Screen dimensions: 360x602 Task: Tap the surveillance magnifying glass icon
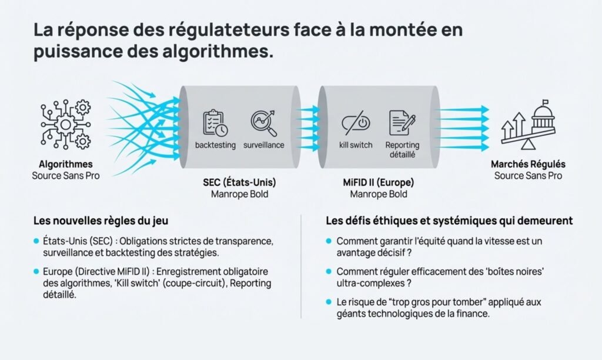[263, 122]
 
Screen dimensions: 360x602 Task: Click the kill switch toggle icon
[356, 123]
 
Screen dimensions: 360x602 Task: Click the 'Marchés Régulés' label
[527, 164]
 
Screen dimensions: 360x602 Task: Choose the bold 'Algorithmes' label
[65, 164]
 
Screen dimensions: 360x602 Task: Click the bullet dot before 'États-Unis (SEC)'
[37, 241]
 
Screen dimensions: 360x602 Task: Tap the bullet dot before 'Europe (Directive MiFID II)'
[37, 272]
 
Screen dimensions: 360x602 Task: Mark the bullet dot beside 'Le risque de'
[329, 302]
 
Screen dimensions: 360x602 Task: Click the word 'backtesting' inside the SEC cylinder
[215, 145]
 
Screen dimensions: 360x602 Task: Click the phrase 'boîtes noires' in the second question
[507, 272]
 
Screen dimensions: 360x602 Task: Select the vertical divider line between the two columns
[301, 265]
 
